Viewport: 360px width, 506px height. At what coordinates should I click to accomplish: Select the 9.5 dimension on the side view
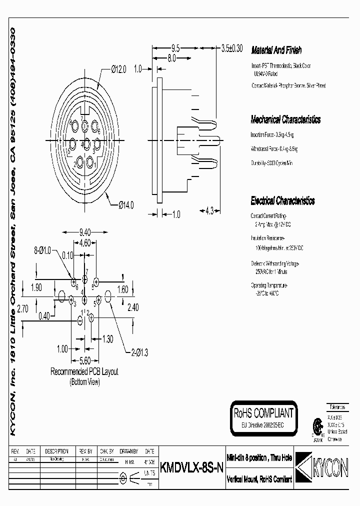click(175, 49)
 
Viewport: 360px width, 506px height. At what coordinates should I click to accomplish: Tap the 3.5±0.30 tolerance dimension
click(231, 48)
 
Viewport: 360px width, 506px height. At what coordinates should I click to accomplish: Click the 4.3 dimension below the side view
click(209, 211)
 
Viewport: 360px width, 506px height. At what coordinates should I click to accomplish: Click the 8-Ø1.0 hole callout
click(43, 249)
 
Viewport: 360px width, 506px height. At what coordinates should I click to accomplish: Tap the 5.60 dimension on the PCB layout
click(85, 359)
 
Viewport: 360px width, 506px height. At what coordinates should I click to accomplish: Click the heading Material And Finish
click(276, 50)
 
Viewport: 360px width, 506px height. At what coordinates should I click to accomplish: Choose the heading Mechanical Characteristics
click(285, 120)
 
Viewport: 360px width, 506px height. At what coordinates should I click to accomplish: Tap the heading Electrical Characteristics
click(282, 201)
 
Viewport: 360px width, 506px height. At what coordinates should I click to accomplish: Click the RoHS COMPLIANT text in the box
click(263, 413)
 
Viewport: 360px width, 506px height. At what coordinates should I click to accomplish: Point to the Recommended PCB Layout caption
click(84, 372)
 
